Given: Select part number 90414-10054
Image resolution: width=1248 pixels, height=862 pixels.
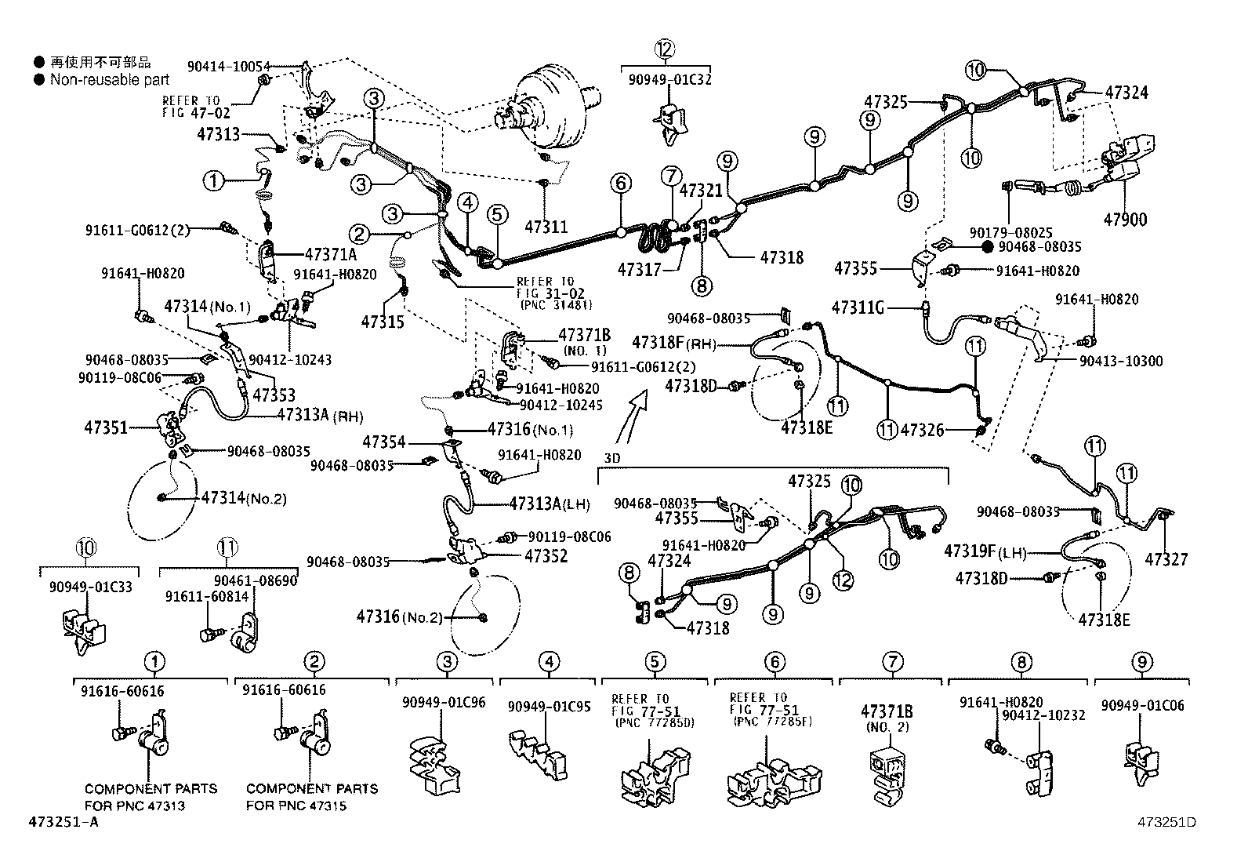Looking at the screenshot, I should pos(228,67).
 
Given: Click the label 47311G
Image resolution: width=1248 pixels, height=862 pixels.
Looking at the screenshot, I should pos(858,308).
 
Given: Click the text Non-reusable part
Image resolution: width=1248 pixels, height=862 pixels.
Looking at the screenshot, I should pos(110,79).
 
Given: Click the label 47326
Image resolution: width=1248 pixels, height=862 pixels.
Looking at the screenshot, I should pos(922,430).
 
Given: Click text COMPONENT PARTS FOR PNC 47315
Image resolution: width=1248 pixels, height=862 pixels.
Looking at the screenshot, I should pos(311,797).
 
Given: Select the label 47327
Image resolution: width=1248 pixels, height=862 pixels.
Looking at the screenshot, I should pos(1166,559).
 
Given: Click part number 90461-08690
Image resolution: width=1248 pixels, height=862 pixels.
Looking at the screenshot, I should pos(256,581).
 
